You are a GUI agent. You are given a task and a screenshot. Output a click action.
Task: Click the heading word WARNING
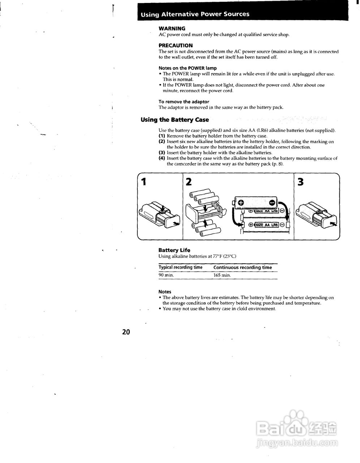pyautogui.click(x=172, y=29)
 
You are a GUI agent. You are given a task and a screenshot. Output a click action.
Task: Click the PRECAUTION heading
pyautogui.click(x=175, y=46)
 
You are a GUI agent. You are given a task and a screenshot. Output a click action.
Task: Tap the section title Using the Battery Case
pyautogui.click(x=175, y=120)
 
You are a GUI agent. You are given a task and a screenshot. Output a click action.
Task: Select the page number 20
pyautogui.click(x=126, y=332)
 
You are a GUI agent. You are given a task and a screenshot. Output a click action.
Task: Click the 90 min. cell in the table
pyautogui.click(x=166, y=275)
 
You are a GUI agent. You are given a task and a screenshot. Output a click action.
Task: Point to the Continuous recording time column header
pyautogui.click(x=243, y=268)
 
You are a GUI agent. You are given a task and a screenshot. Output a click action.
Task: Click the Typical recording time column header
pyautogui.click(x=180, y=268)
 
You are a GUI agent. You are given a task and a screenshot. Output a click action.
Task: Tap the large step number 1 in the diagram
pyautogui.click(x=143, y=182)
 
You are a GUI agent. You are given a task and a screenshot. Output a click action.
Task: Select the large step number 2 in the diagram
pyautogui.click(x=189, y=182)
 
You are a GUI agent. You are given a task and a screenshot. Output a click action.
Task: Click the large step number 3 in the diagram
pyautogui.click(x=300, y=182)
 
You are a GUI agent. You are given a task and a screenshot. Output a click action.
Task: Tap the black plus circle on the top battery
pyautogui.click(x=241, y=203)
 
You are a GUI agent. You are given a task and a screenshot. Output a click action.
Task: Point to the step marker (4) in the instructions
pyautogui.click(x=162, y=158)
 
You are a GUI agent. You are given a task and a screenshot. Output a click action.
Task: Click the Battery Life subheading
pyautogui.click(x=174, y=250)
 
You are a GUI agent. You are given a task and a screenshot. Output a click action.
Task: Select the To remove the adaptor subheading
pyautogui.click(x=184, y=102)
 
